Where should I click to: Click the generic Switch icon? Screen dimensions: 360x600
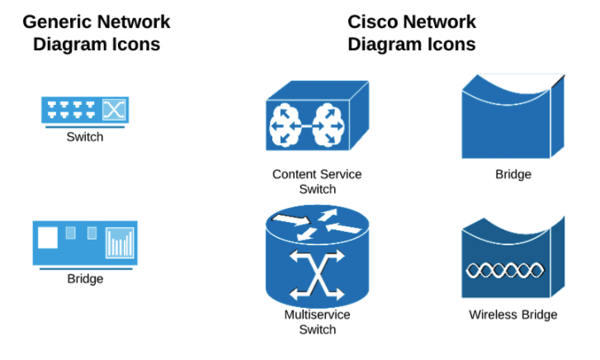[85, 110]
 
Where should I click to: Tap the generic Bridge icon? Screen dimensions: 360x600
[85, 243]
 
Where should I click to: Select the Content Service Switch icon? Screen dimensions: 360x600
[317, 116]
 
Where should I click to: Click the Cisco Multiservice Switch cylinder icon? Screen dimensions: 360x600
[317, 258]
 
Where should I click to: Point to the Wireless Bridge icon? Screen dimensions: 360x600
[512, 259]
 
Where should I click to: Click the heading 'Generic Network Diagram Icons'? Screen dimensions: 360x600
[97, 33]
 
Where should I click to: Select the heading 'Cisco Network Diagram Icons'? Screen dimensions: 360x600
[412, 33]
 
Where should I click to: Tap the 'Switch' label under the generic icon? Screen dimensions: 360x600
[85, 137]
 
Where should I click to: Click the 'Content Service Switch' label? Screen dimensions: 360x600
[317, 182]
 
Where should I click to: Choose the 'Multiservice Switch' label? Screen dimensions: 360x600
[317, 322]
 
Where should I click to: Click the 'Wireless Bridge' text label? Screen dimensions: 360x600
[513, 315]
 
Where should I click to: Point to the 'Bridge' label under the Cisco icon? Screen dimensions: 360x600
[513, 174]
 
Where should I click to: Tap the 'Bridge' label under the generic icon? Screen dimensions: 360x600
[85, 279]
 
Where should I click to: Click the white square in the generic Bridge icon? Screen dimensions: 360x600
[48, 238]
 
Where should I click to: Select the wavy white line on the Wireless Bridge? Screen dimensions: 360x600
[505, 269]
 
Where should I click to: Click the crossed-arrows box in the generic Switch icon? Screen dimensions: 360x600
[113, 109]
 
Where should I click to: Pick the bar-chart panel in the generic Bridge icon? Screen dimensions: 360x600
[120, 243]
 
